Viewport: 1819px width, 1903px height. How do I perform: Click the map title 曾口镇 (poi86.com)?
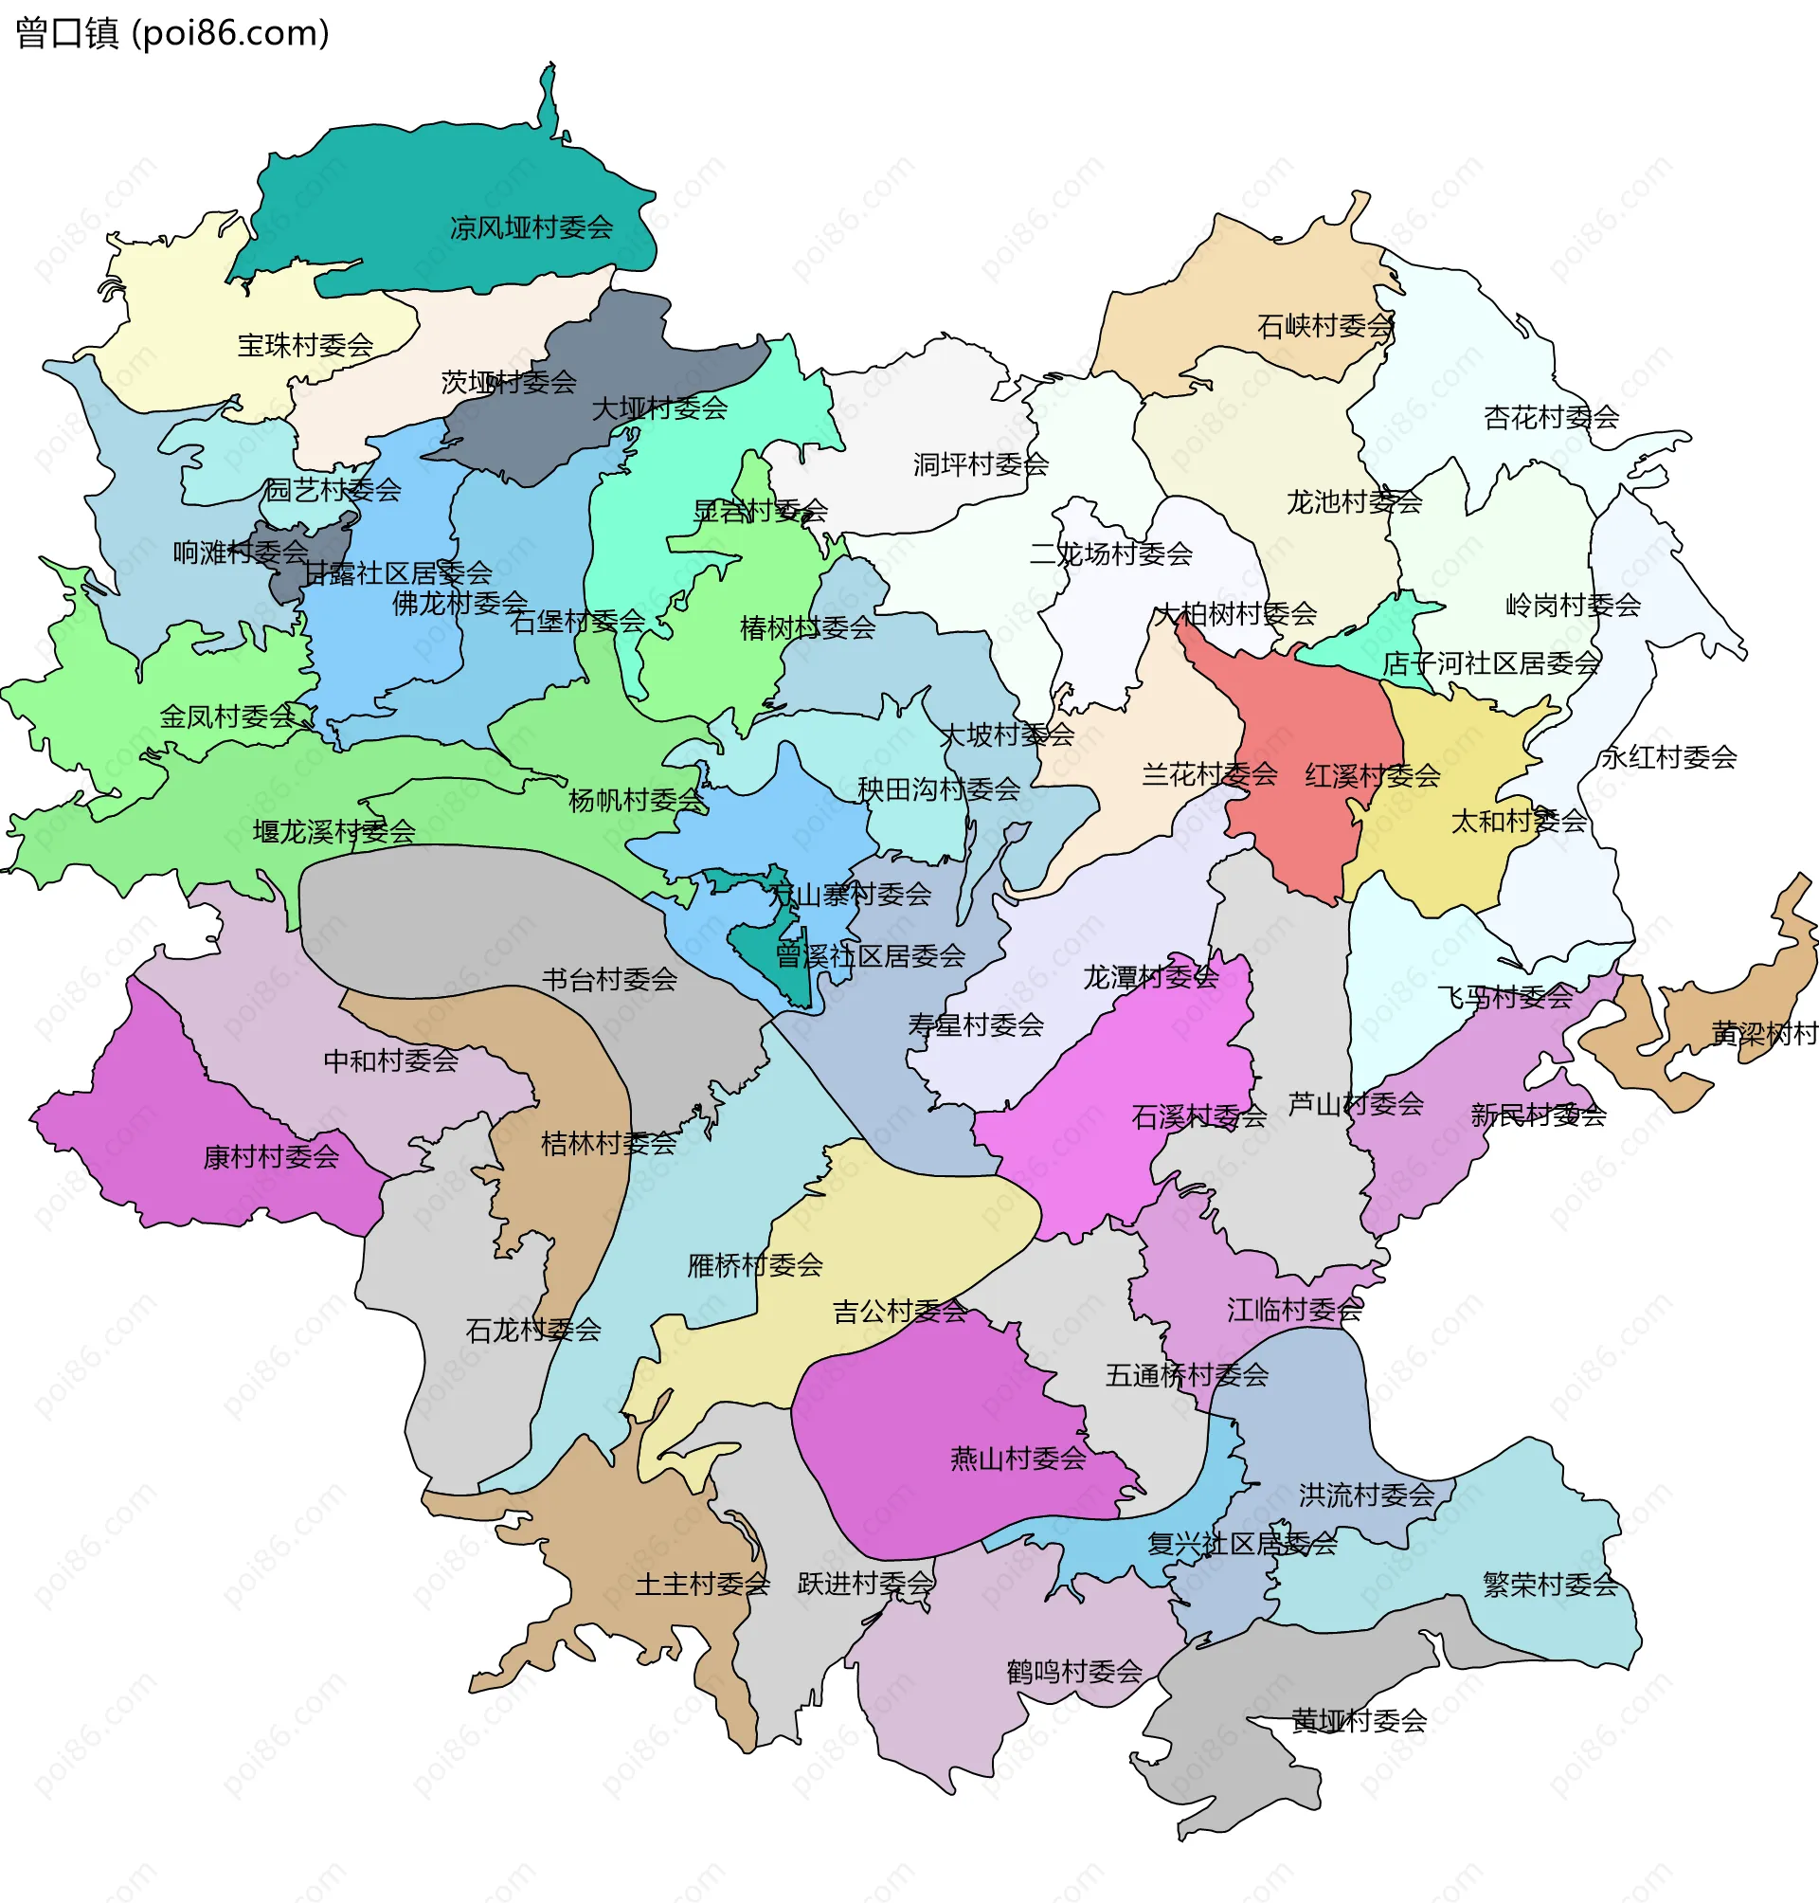[x=172, y=33]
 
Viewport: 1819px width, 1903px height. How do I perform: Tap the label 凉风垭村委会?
[x=531, y=228]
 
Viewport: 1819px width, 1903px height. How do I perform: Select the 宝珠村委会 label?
[x=305, y=345]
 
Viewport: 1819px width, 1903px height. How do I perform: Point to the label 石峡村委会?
[x=1324, y=326]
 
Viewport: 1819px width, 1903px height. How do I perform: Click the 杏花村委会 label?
[x=1552, y=418]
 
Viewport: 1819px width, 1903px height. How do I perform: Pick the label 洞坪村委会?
[x=981, y=464]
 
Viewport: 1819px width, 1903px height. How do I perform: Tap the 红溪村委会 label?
[x=1372, y=776]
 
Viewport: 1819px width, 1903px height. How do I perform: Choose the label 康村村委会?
[x=271, y=1157]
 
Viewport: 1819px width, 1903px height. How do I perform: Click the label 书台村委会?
[x=609, y=980]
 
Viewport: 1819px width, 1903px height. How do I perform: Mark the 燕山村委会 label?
[x=1018, y=1459]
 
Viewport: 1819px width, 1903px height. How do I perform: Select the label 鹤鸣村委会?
[x=1074, y=1672]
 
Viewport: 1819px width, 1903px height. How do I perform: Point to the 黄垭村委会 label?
[x=1359, y=1722]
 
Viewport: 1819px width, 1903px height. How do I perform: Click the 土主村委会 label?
[x=702, y=1585]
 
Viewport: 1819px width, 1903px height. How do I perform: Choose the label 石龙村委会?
[x=533, y=1331]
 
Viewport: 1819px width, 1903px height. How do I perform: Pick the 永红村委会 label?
[x=1667, y=757]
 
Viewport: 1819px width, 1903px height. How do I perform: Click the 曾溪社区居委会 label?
[x=870, y=956]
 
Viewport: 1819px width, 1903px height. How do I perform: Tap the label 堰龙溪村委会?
[x=333, y=832]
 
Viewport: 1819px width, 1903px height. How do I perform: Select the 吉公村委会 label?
[x=900, y=1313]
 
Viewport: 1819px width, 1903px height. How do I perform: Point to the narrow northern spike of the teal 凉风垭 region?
[x=549, y=97]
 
